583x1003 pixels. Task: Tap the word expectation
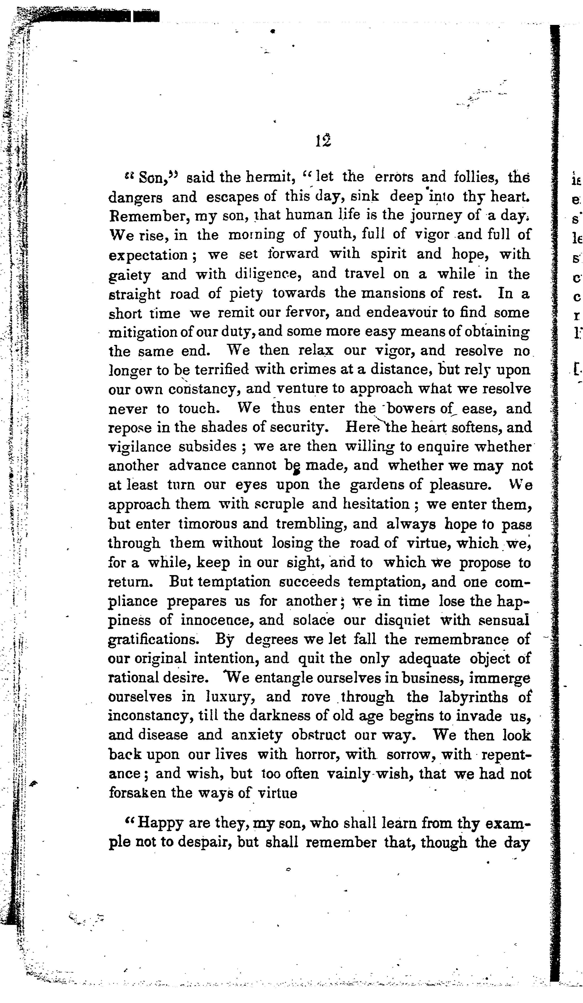point(148,255)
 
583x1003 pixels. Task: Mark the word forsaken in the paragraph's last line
point(136,793)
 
